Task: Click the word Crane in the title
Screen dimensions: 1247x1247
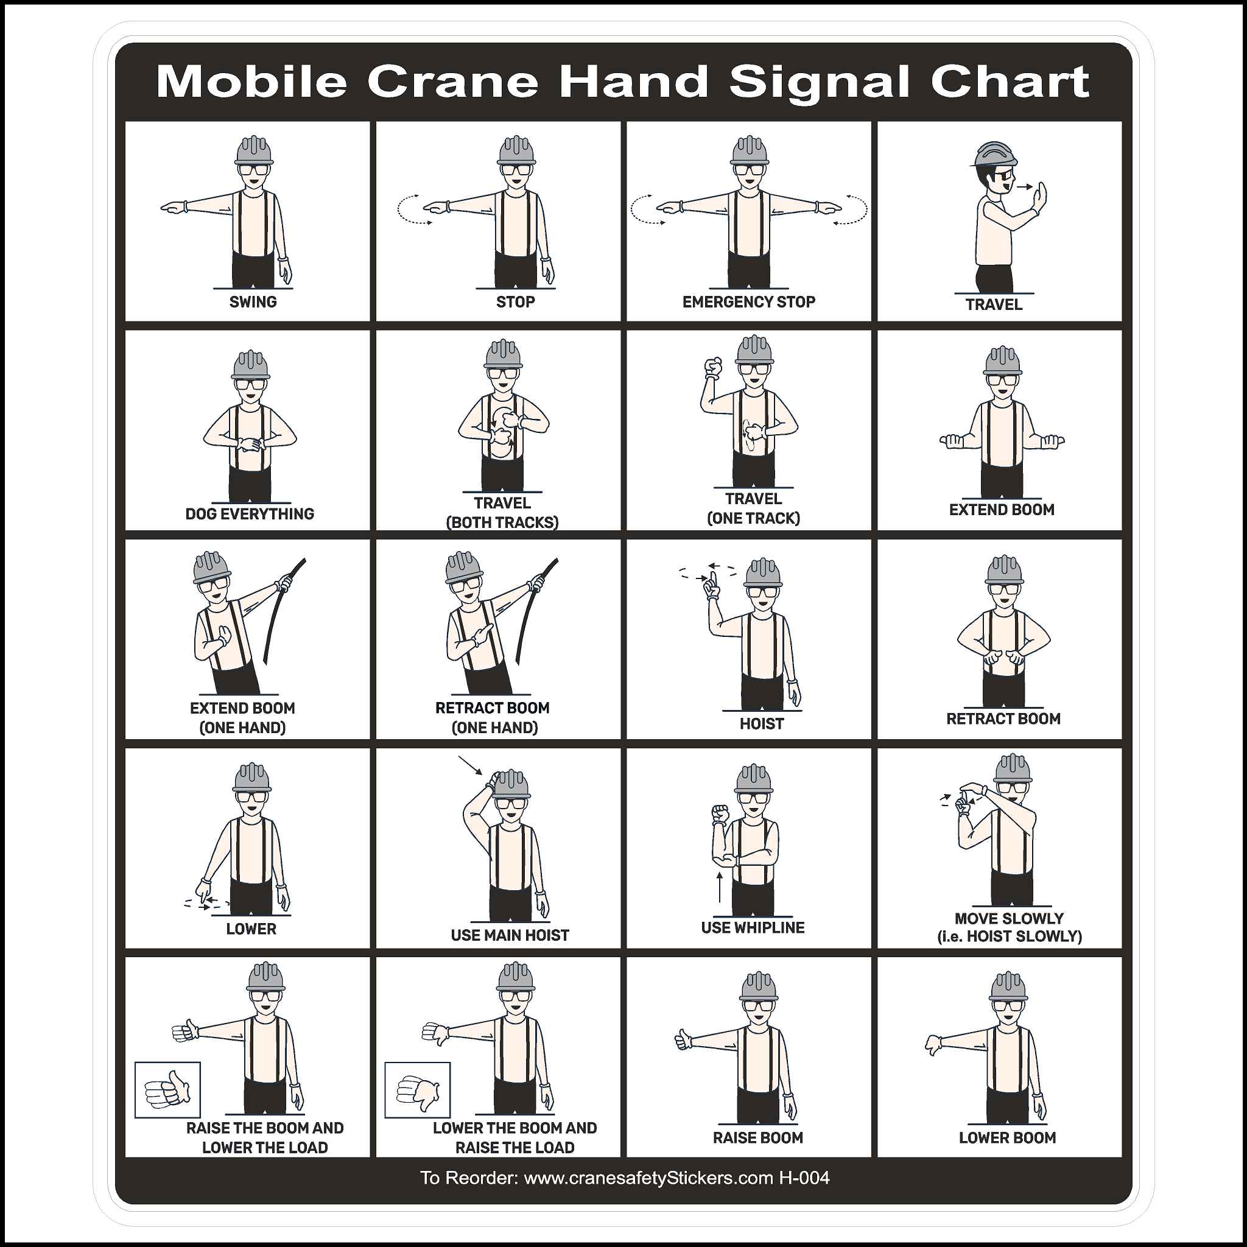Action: tap(452, 82)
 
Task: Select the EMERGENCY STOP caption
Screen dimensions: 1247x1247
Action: tap(748, 301)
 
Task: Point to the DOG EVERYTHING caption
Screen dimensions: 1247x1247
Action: tap(249, 514)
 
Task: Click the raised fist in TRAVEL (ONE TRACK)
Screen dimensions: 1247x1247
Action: tap(713, 367)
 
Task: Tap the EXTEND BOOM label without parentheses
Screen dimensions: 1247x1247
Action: tap(1001, 509)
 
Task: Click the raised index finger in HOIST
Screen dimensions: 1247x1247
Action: tap(712, 583)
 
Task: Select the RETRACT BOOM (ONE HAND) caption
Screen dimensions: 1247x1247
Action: tap(493, 717)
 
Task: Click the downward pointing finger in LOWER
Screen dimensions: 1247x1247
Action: tap(203, 894)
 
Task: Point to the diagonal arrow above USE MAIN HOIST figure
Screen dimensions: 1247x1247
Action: tap(470, 765)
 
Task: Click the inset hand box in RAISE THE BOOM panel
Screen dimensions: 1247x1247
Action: tap(167, 1090)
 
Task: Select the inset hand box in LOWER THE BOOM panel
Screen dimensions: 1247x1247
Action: tap(417, 1090)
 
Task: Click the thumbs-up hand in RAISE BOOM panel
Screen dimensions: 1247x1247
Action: tap(683, 1040)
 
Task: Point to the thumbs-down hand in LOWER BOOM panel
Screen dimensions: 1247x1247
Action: tap(933, 1044)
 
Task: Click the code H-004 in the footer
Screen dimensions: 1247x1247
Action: tap(804, 1178)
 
